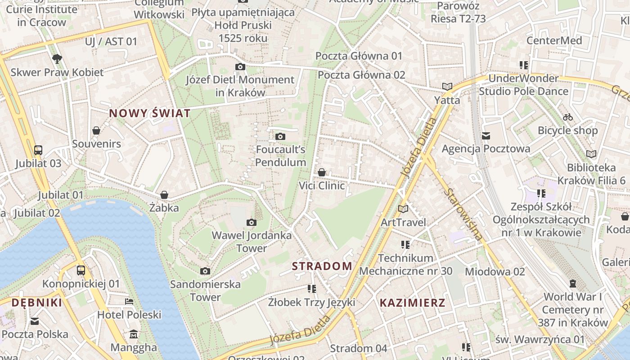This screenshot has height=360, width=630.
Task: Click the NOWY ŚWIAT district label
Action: click(150, 113)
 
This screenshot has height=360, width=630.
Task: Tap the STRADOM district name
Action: click(322, 266)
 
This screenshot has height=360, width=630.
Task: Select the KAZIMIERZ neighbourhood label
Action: click(412, 302)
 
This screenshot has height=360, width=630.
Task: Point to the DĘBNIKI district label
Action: click(37, 302)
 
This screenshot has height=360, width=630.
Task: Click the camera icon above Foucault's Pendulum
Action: click(280, 136)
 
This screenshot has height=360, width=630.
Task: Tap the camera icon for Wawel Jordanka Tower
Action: click(252, 222)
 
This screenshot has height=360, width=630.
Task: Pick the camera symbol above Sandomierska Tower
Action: click(205, 271)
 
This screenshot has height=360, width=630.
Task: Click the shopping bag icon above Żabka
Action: click(164, 195)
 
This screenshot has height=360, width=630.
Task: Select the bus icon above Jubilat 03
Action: click(38, 150)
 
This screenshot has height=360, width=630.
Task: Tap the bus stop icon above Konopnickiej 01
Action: click(81, 270)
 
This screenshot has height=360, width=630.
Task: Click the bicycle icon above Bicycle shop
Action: click(568, 117)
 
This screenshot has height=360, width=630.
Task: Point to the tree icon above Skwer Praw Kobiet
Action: click(57, 58)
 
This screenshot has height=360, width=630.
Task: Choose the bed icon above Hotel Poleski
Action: click(129, 301)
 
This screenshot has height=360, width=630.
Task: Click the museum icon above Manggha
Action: click(134, 334)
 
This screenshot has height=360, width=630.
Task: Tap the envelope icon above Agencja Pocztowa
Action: click(486, 135)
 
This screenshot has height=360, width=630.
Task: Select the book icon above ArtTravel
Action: click(403, 209)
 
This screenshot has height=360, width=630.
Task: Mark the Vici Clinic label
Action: click(322, 185)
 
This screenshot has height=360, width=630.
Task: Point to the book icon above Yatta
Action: click(447, 86)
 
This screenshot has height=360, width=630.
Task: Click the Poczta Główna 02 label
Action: click(361, 75)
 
